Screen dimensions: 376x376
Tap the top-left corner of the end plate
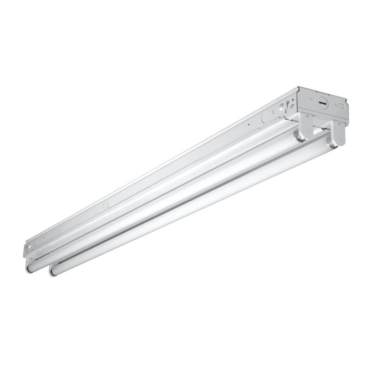(299, 87)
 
